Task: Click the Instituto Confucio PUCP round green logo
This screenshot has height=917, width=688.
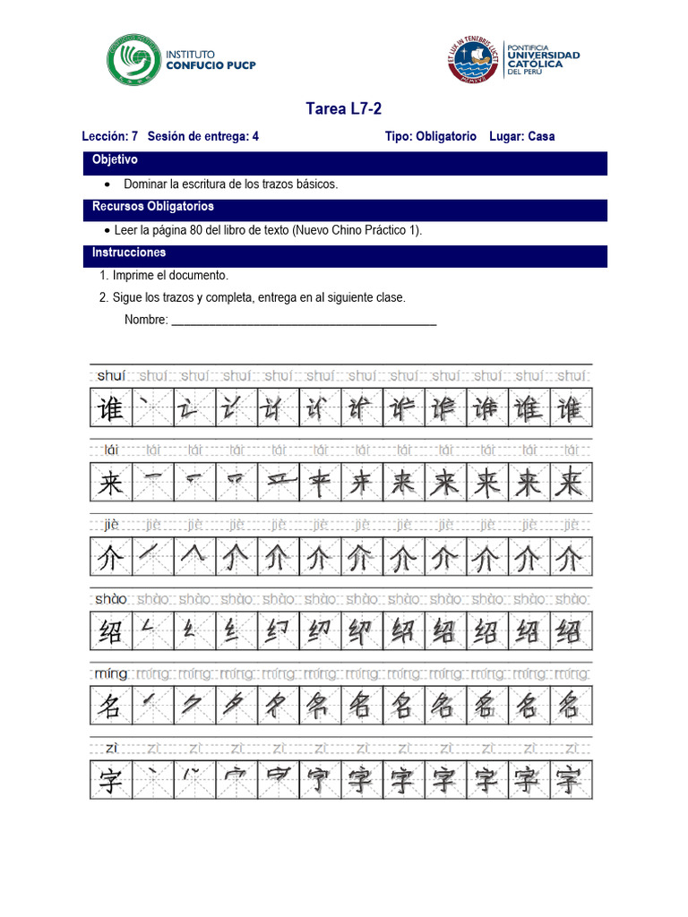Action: [x=134, y=60]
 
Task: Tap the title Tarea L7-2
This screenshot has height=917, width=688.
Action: [x=344, y=109]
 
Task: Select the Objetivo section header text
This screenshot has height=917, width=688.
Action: [x=115, y=160]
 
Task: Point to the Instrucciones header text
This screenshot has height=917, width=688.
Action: [x=129, y=253]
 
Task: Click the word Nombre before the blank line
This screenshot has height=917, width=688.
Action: [x=146, y=321]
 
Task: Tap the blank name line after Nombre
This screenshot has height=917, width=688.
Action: [x=304, y=321]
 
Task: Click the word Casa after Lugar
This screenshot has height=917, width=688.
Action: [x=541, y=137]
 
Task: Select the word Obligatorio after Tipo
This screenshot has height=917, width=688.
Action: [x=446, y=137]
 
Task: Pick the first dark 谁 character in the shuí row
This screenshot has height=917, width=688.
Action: [x=110, y=408]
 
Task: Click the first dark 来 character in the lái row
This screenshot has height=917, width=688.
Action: [x=110, y=484]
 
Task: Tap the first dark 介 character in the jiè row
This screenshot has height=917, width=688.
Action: [x=110, y=559]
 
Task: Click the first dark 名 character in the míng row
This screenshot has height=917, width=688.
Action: [x=110, y=707]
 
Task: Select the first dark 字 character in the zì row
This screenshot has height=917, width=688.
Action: [x=110, y=781]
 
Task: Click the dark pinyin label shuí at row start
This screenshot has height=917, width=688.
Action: [x=111, y=375]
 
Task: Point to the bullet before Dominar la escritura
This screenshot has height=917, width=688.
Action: [x=107, y=184]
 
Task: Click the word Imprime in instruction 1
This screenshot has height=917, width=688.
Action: [x=133, y=276]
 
